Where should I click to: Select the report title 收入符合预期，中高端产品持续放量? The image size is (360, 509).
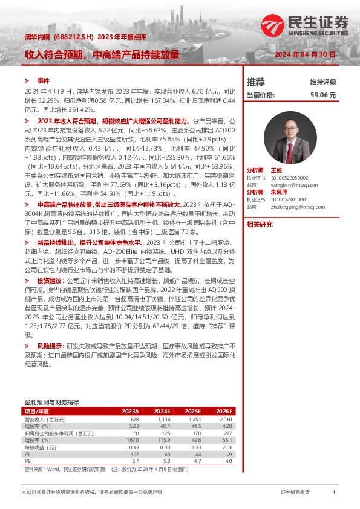(x=102, y=54)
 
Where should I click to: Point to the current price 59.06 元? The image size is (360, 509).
(x=323, y=95)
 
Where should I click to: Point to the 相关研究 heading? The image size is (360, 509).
(x=260, y=224)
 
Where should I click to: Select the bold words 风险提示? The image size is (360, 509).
(x=50, y=345)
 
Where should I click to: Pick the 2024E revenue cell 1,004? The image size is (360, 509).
(x=164, y=419)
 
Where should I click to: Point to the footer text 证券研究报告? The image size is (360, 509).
(x=296, y=493)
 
